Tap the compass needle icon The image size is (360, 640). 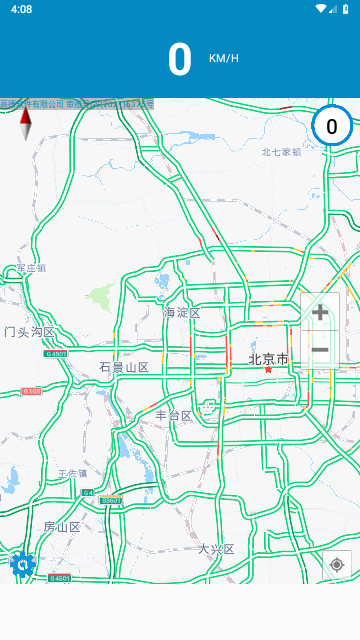click(26, 124)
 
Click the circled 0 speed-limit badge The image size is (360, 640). click(331, 127)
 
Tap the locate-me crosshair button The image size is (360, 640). click(337, 565)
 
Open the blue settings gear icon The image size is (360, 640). click(23, 565)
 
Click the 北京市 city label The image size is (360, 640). click(268, 359)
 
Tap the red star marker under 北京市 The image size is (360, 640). click(268, 370)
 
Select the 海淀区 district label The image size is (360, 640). click(182, 313)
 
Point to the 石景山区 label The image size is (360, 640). click(124, 368)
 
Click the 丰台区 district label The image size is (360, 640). click(173, 415)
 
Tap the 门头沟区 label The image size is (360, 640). click(29, 332)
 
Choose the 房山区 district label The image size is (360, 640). click(61, 527)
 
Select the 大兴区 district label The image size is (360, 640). click(215, 549)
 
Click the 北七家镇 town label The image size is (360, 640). click(281, 152)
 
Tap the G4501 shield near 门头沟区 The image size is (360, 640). click(56, 353)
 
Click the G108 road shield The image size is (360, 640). click(32, 391)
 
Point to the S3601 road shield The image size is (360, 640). click(110, 500)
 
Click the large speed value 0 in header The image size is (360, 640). click(179, 60)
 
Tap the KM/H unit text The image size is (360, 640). click(224, 58)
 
